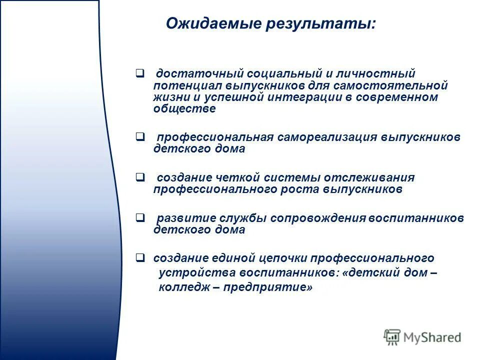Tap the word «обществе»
(x=184, y=109)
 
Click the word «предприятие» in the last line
(x=268, y=287)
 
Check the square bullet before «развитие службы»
(x=140, y=218)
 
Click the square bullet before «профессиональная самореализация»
(x=140, y=136)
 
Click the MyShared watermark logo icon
(x=392, y=337)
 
